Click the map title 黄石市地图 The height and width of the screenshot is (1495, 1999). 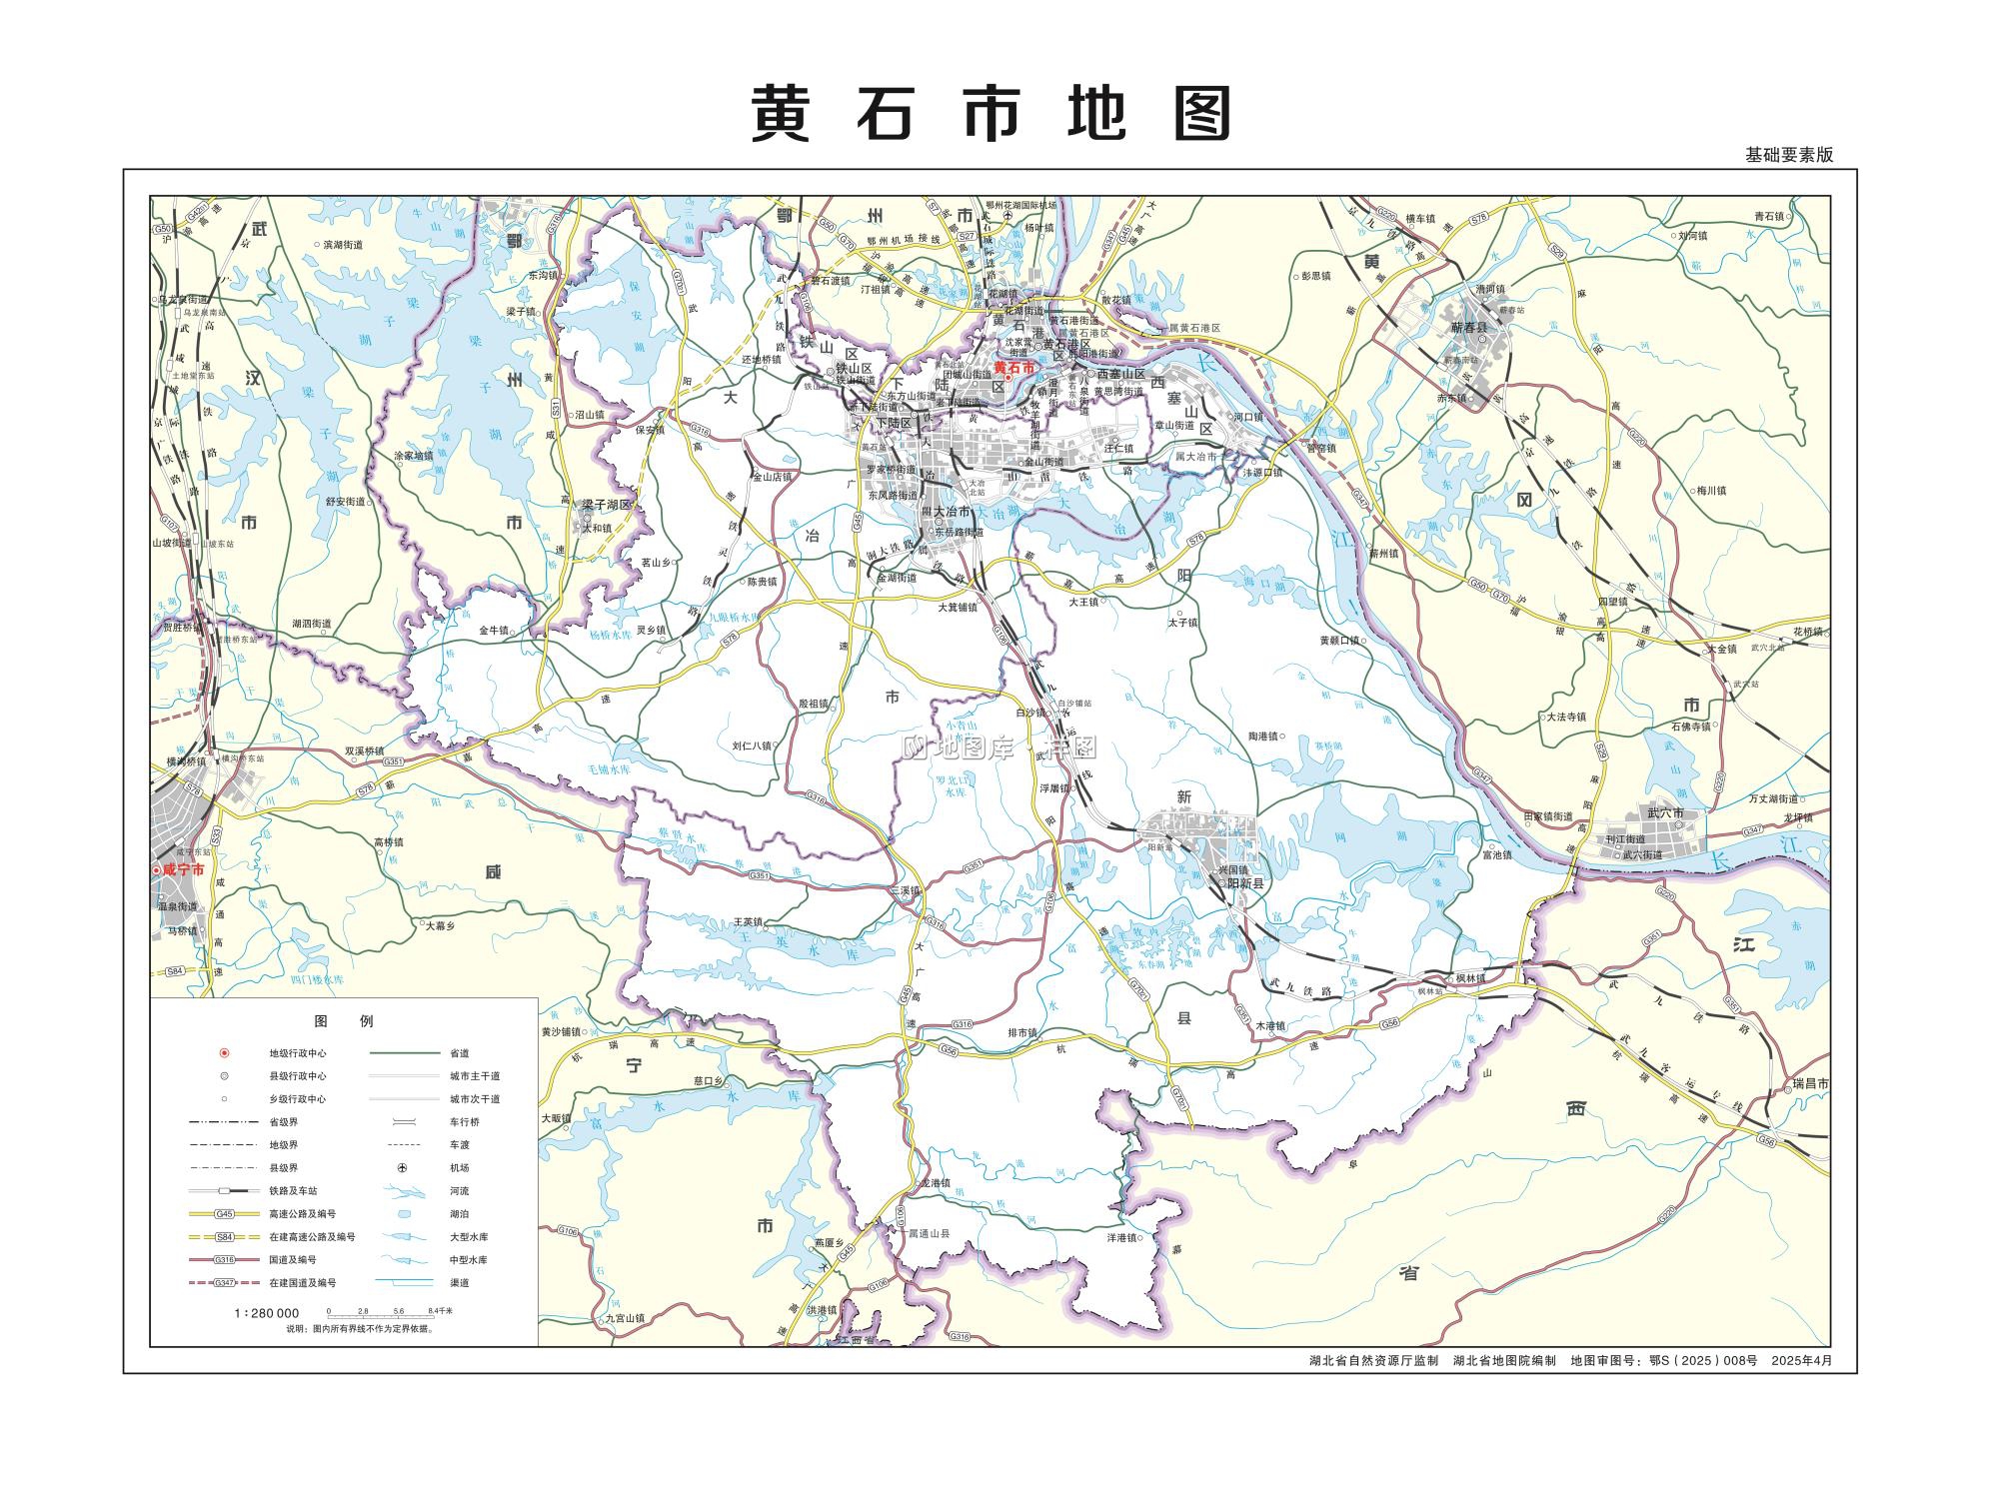(x=991, y=113)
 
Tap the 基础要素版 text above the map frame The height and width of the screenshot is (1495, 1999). (x=1789, y=155)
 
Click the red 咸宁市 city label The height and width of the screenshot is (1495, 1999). (x=184, y=870)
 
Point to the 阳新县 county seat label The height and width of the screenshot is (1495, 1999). (x=1245, y=883)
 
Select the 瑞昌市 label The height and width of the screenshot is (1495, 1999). (x=1809, y=1083)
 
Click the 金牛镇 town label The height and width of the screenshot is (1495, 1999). (x=494, y=631)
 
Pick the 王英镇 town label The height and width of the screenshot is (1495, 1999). (x=749, y=921)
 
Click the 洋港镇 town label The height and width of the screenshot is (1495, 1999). (x=1122, y=1237)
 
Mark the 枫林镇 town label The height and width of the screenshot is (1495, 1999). (x=1470, y=977)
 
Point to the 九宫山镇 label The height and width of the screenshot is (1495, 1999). (x=625, y=1318)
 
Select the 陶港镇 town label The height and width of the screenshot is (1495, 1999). (x=1263, y=736)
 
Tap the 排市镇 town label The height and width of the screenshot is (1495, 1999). (x=1022, y=1032)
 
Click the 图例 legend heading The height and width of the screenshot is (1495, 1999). (x=343, y=1020)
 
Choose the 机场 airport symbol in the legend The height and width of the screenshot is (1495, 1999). (x=403, y=1167)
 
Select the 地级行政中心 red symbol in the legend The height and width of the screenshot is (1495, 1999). (x=224, y=1052)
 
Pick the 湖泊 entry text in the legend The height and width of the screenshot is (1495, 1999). (x=459, y=1214)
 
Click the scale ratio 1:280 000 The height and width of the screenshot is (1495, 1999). (x=267, y=1313)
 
